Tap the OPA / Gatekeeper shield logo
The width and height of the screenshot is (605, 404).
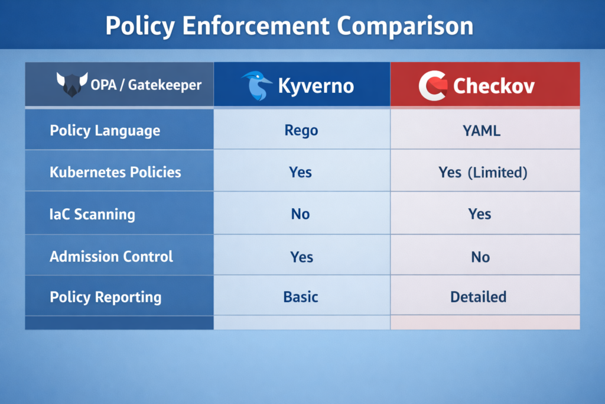point(71,85)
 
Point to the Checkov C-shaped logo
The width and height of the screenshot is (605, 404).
point(432,86)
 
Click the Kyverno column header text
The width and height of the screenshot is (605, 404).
point(316,86)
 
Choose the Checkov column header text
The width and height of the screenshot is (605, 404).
point(494,86)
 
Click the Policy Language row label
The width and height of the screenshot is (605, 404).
point(105,130)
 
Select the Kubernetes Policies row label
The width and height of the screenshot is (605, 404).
point(115,172)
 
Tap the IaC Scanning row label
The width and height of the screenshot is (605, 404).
point(92,214)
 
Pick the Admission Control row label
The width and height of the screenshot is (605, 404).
point(111,256)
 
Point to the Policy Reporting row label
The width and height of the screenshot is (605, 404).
point(105,296)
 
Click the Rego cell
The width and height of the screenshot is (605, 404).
point(301,130)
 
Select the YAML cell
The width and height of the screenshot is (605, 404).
point(482,130)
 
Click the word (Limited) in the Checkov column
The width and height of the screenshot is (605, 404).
point(497,172)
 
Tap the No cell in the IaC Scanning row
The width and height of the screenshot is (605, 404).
point(300,214)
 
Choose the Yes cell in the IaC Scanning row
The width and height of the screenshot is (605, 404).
point(480,214)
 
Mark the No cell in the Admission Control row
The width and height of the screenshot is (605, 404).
point(480,256)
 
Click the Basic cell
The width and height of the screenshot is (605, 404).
point(300,296)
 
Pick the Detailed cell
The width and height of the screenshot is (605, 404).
point(478,296)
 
